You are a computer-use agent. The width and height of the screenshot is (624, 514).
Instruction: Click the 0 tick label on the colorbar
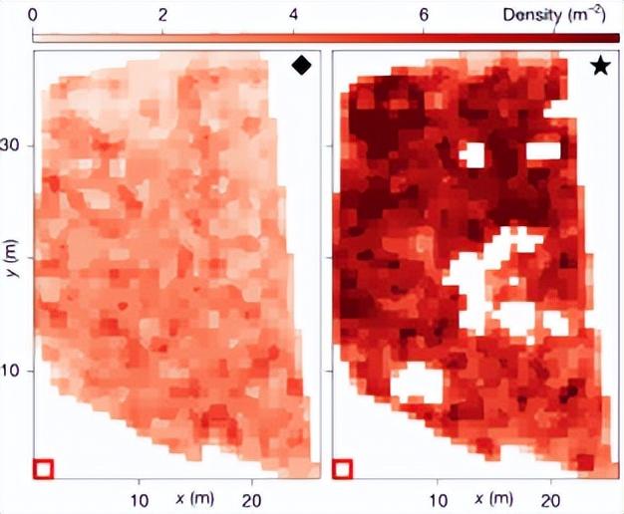[36, 15]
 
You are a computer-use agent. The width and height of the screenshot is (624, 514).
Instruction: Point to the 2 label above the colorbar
[163, 15]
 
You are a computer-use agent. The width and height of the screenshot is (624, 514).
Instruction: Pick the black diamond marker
[302, 66]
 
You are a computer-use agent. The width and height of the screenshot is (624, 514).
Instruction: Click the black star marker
[600, 66]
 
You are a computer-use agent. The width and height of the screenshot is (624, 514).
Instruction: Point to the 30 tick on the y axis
[15, 145]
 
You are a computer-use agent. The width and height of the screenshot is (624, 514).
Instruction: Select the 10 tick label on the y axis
[15, 371]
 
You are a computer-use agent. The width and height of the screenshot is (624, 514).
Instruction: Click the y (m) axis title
[15, 269]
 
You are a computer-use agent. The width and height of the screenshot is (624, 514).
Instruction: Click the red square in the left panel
[43, 467]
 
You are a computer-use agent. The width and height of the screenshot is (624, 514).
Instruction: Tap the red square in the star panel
[342, 467]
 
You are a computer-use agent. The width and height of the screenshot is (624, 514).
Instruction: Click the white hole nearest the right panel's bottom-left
[416, 384]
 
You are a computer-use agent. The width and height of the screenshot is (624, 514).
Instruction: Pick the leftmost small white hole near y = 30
[470, 154]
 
